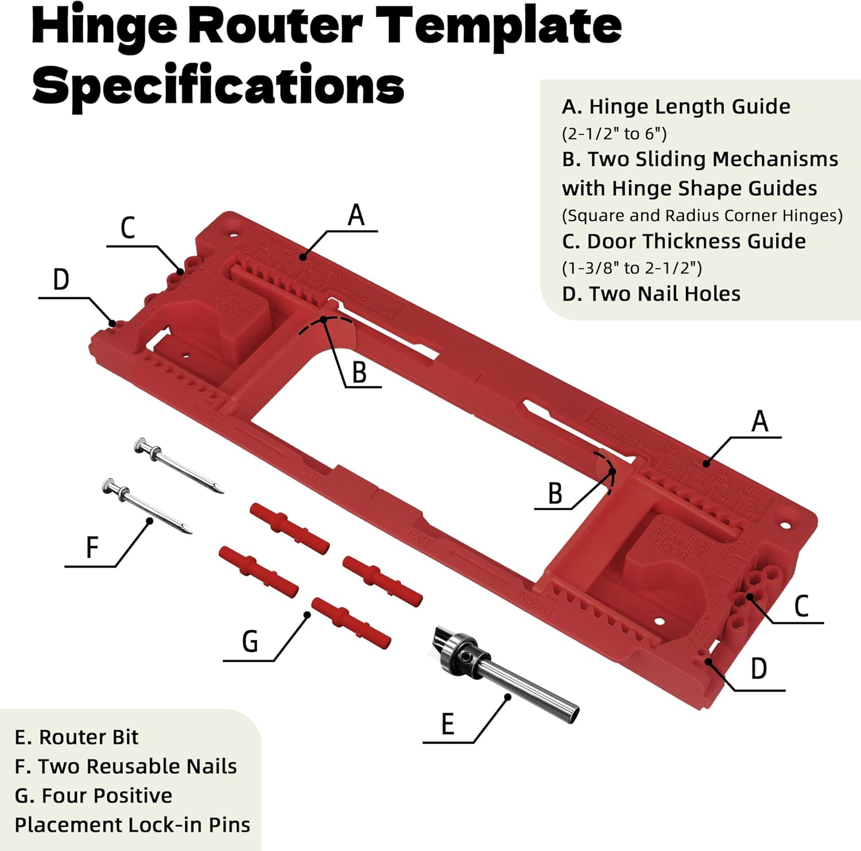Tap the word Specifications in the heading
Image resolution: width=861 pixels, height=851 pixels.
coord(218,85)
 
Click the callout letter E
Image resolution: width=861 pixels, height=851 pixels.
coord(448,724)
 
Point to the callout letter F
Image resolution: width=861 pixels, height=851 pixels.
coord(92,547)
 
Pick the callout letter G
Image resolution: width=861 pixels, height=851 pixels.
coord(250,642)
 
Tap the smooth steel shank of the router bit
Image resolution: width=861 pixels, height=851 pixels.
coord(534,689)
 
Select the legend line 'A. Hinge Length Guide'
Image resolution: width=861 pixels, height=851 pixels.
coord(676,107)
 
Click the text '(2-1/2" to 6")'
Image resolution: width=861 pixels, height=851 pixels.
coord(614,134)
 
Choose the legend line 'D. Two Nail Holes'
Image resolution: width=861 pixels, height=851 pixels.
coord(651,294)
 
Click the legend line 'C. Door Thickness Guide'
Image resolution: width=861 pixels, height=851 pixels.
coord(684,241)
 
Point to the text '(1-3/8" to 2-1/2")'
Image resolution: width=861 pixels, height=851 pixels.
coord(631,268)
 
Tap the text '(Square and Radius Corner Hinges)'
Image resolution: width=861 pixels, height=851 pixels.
coord(702,215)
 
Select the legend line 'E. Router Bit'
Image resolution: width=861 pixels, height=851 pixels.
coord(76,737)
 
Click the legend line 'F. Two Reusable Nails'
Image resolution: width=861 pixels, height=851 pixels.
coord(126,767)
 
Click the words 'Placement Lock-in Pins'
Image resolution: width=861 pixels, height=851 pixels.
coord(132,825)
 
